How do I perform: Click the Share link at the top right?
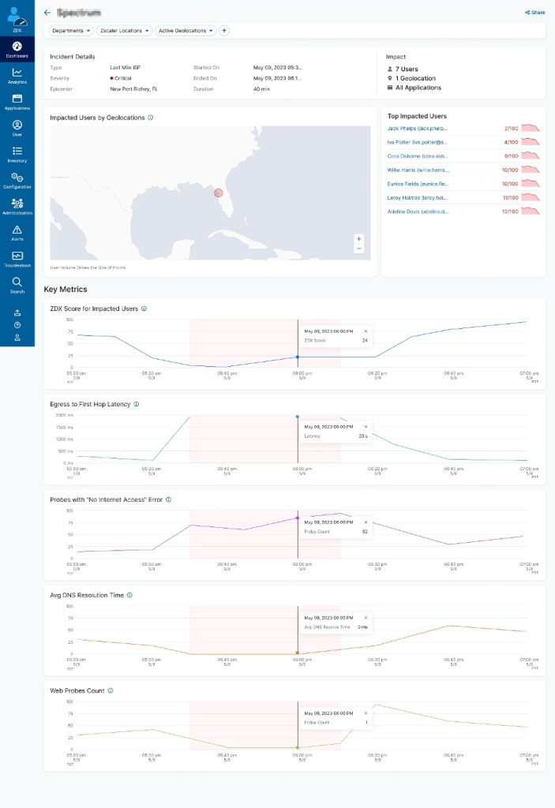[x=535, y=13]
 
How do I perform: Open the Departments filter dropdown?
[x=71, y=31]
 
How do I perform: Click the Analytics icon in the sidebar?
[x=17, y=76]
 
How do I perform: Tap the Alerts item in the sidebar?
[x=17, y=233]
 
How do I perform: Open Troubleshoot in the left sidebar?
[x=17, y=260]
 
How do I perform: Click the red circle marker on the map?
[x=219, y=193]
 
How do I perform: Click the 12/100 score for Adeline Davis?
[x=511, y=211]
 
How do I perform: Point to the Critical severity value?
[x=122, y=78]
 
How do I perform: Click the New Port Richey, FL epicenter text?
[x=138, y=89]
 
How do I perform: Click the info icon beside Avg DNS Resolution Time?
[x=129, y=596]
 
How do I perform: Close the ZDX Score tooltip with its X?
[x=366, y=331]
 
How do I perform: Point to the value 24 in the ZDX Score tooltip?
[x=365, y=341]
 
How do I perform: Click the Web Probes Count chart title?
[x=77, y=690]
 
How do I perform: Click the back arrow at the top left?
[x=47, y=13]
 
